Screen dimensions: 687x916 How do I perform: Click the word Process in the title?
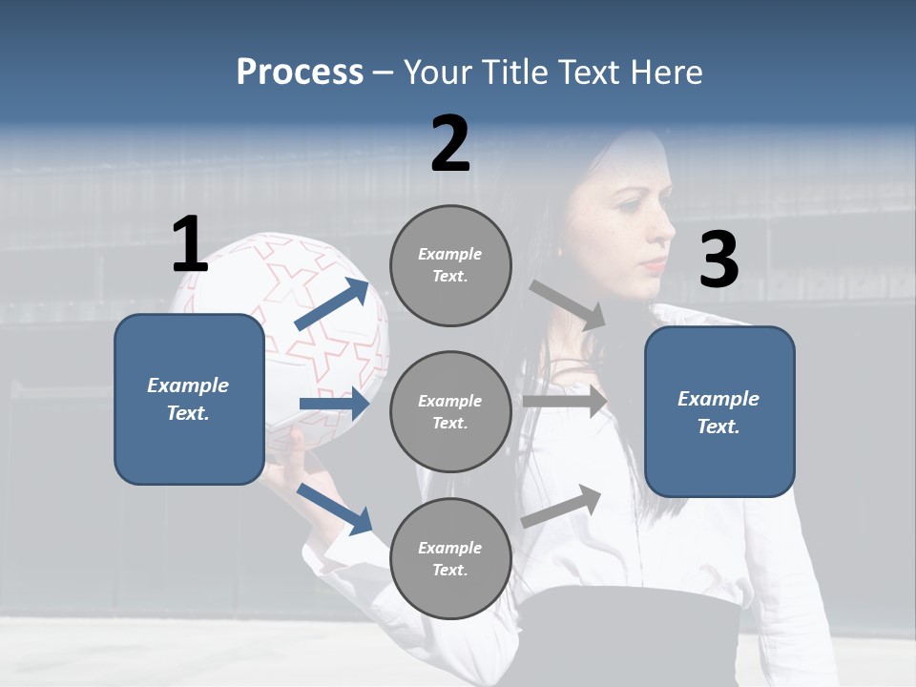coord(300,72)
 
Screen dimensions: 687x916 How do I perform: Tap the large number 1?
coord(190,245)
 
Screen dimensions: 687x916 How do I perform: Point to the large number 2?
coord(450,145)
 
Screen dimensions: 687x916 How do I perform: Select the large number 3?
coord(718,260)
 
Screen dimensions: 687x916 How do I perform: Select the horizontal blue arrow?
coord(334,404)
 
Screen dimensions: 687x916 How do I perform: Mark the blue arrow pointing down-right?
coord(335,507)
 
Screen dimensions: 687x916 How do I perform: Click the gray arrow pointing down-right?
coord(568,304)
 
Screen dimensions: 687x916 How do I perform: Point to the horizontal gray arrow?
coord(565,401)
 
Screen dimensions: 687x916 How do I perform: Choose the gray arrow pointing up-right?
coord(562,506)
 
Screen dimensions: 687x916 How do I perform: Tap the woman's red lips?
coord(653,264)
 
